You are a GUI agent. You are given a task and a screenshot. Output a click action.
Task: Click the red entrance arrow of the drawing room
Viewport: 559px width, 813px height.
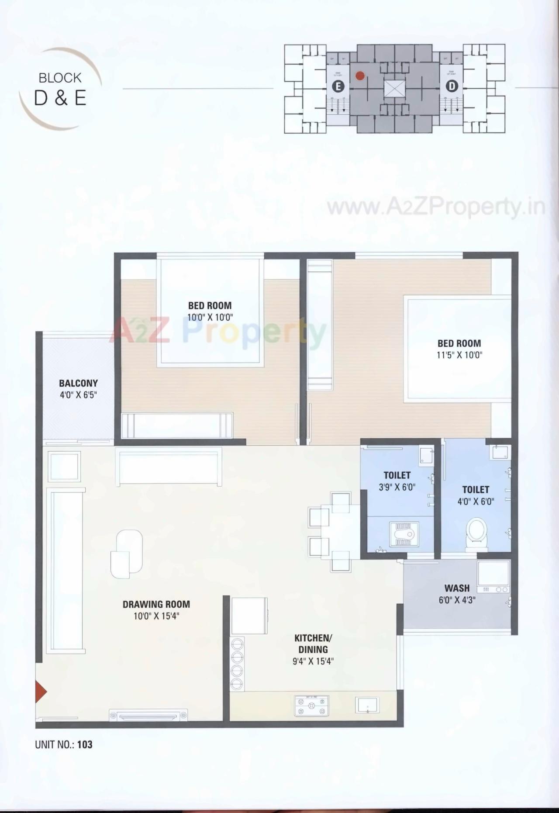41,692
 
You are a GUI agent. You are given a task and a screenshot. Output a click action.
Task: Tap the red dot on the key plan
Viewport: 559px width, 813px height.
360,76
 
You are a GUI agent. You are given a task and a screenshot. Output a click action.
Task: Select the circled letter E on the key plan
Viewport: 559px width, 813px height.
338,86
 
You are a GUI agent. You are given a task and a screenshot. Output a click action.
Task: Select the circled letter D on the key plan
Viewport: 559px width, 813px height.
452,86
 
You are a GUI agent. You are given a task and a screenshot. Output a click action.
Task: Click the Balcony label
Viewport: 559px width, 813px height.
78,383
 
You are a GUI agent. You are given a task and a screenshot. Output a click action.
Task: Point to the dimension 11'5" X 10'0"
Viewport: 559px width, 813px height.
459,355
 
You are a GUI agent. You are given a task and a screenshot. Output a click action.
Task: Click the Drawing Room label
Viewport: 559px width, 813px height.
156,604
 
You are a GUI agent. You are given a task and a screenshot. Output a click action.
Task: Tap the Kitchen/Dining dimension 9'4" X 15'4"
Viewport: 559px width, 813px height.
313,661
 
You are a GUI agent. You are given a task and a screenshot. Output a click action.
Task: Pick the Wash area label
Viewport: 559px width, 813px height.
457,588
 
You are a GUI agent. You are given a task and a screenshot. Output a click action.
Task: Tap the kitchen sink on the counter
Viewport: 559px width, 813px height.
367,704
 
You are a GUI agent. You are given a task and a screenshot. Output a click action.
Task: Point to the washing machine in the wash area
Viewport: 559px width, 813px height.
493,577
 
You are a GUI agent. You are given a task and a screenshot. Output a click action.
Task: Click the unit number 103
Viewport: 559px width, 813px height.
85,744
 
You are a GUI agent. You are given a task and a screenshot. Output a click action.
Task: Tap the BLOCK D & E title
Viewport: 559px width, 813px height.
60,90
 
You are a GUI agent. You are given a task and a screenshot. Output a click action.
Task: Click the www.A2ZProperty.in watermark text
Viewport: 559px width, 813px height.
436,207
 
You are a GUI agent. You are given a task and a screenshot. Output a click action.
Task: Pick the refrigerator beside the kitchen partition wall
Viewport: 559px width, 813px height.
249,616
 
